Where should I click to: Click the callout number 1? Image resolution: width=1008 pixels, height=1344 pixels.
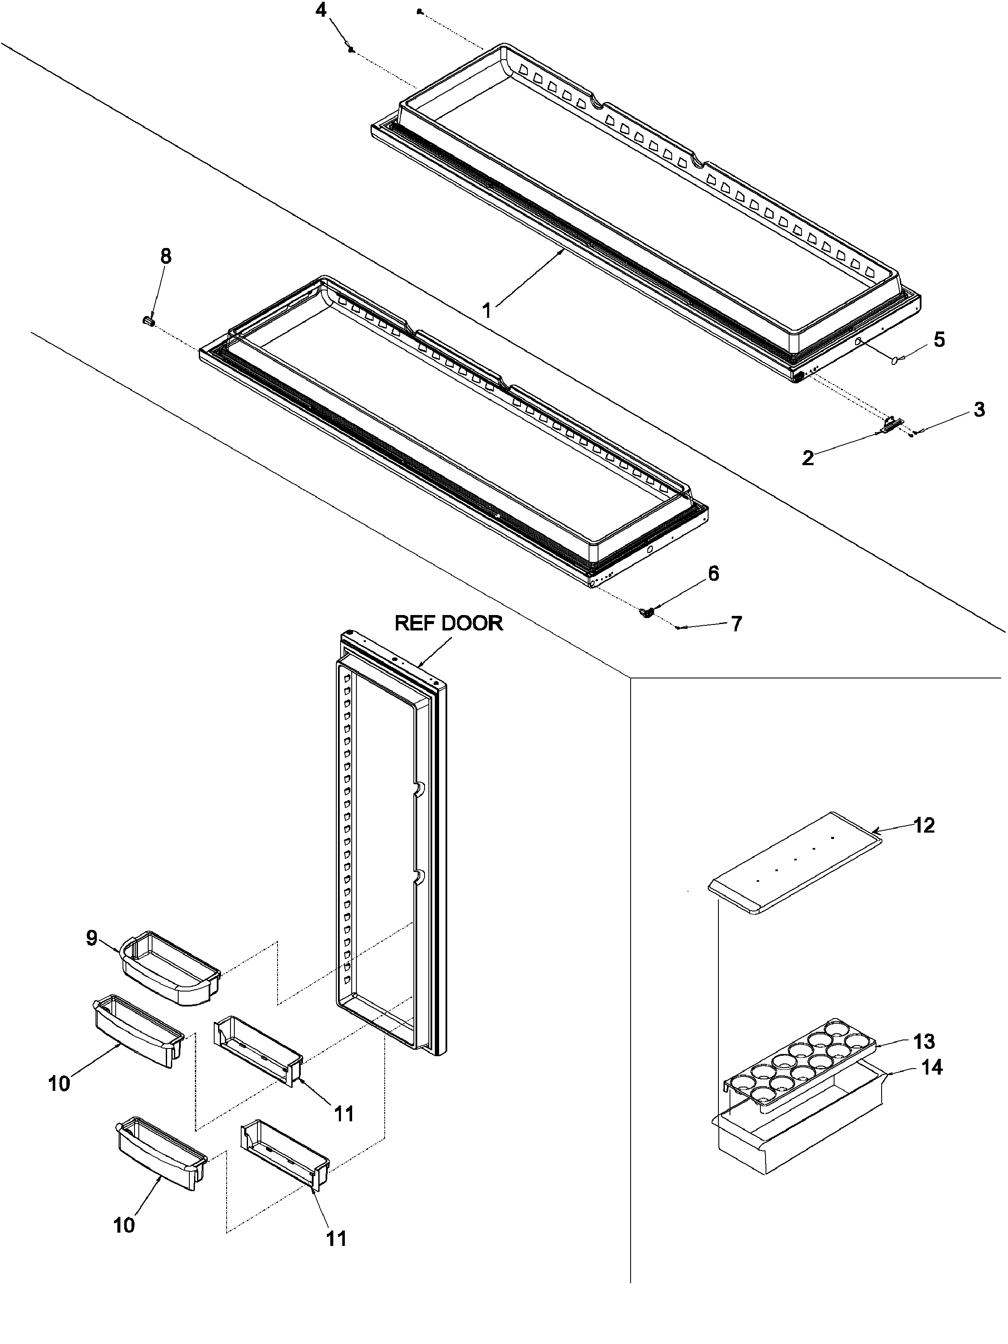[x=487, y=311]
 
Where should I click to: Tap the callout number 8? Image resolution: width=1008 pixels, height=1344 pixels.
[x=165, y=257]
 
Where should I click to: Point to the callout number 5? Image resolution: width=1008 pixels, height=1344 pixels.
[x=939, y=340]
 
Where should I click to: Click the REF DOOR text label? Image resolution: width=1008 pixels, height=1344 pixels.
[x=449, y=624]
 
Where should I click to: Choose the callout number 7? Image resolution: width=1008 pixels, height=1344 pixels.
[x=736, y=624]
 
